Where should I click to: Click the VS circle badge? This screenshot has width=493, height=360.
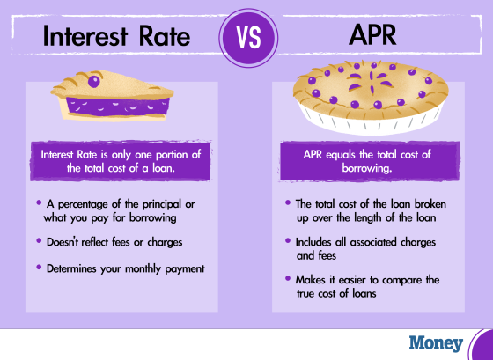(x=248, y=38)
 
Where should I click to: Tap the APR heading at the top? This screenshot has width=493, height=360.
(x=372, y=35)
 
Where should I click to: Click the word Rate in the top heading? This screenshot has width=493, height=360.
(x=165, y=36)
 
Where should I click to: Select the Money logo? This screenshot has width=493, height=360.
(x=436, y=343)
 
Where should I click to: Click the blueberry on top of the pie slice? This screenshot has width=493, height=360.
(x=93, y=82)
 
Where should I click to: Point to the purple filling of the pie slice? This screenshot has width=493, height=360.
(x=118, y=107)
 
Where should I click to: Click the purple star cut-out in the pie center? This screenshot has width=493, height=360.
(x=371, y=81)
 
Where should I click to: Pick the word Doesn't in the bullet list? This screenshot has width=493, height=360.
(x=63, y=242)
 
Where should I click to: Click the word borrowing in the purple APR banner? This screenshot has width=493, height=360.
(x=367, y=168)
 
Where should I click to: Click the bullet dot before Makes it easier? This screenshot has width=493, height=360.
(x=288, y=278)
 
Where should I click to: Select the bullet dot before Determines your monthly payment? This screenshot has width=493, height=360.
(x=39, y=267)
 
